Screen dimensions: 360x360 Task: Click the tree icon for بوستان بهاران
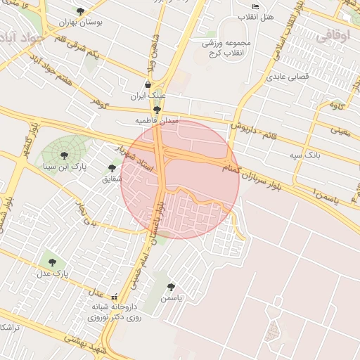point(80,11)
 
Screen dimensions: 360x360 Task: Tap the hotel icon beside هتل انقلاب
point(255,6)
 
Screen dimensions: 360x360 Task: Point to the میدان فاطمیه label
point(157,120)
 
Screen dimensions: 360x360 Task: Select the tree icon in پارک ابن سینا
point(64,155)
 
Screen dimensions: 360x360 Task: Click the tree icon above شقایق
point(112,167)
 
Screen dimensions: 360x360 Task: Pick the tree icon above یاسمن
point(171,287)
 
